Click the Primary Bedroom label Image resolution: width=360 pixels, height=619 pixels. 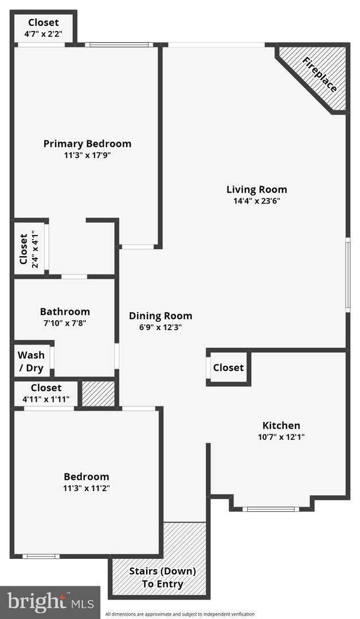[87, 144]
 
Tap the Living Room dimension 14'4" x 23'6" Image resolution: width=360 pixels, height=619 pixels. [256, 201]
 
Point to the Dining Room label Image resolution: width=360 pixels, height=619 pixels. [161, 316]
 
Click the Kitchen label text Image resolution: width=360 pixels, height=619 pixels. [281, 425]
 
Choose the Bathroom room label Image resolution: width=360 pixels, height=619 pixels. [65, 312]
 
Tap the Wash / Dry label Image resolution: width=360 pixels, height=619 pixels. [30, 362]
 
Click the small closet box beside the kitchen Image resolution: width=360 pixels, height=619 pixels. [228, 367]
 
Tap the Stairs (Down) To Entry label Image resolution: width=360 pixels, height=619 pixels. [163, 578]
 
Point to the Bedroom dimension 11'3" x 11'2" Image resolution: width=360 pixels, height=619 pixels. [87, 488]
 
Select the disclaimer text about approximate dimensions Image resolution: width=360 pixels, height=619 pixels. [180, 614]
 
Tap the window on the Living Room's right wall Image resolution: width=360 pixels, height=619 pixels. [347, 275]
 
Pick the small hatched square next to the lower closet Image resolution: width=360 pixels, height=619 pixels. [98, 394]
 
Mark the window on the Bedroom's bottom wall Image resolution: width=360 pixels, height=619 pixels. [41, 556]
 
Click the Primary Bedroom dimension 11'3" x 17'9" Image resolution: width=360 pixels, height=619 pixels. [87, 155]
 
